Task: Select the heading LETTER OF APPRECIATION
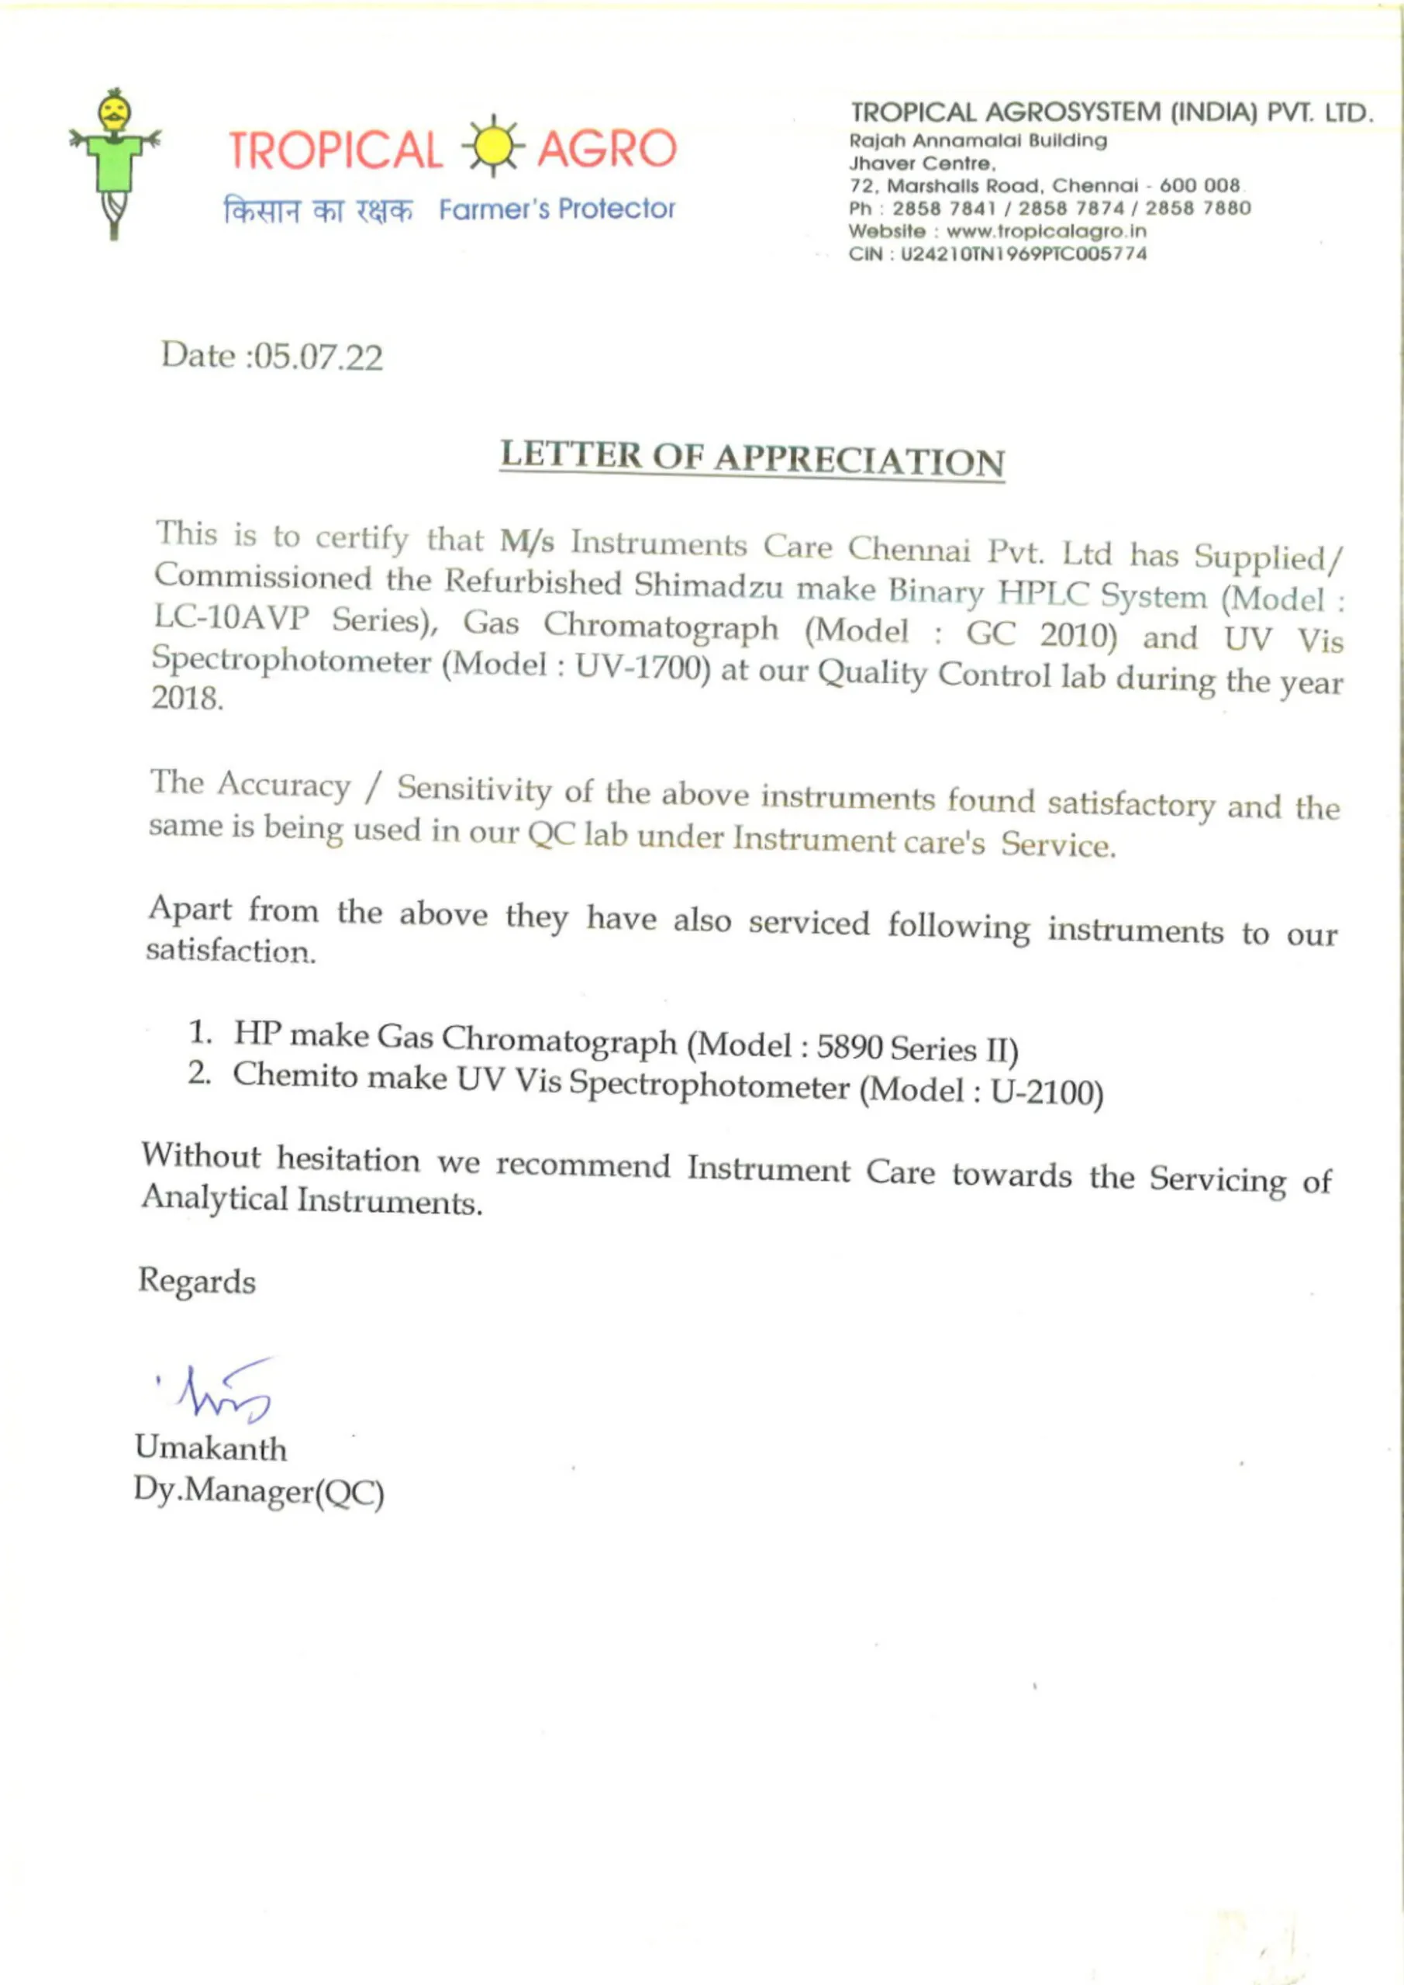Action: click(752, 458)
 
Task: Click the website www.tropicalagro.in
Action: click(1046, 232)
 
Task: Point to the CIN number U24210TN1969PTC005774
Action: click(1023, 254)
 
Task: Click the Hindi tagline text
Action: click(318, 210)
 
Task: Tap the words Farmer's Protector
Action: click(557, 209)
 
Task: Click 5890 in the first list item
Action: click(849, 1047)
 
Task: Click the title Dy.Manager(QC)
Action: click(258, 1491)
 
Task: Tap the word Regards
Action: click(197, 1281)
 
